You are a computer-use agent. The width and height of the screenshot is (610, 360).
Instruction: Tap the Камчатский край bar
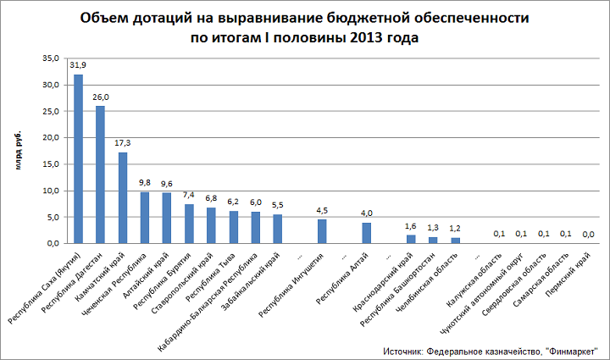point(123,197)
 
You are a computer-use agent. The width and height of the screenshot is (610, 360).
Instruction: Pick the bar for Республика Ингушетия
point(322,231)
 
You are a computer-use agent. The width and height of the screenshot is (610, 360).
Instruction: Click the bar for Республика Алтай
point(367,233)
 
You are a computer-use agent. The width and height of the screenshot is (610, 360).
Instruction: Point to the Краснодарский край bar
point(411,239)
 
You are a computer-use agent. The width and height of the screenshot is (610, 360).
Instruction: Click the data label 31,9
point(78,66)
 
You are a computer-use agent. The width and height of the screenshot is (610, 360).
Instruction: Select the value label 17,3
point(123,143)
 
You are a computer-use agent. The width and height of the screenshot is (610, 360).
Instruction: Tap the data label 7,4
point(189,196)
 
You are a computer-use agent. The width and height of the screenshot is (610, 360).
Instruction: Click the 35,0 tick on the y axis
point(49,58)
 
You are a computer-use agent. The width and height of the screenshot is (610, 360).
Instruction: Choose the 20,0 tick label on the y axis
point(49,137)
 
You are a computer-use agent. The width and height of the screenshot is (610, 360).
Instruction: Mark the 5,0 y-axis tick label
point(51,217)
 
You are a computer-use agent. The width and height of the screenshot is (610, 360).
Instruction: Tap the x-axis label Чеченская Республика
point(124,280)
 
